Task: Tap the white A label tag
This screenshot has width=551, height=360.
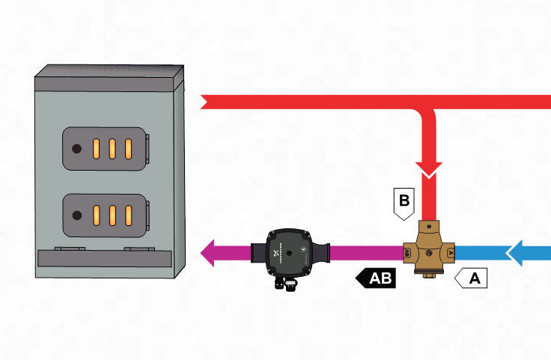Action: [x=472, y=278]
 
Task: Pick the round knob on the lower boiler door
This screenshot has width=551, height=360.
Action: [x=76, y=215]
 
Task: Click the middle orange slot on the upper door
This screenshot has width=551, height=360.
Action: [x=112, y=147]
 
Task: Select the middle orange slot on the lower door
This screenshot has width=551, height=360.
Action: [x=112, y=215]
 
